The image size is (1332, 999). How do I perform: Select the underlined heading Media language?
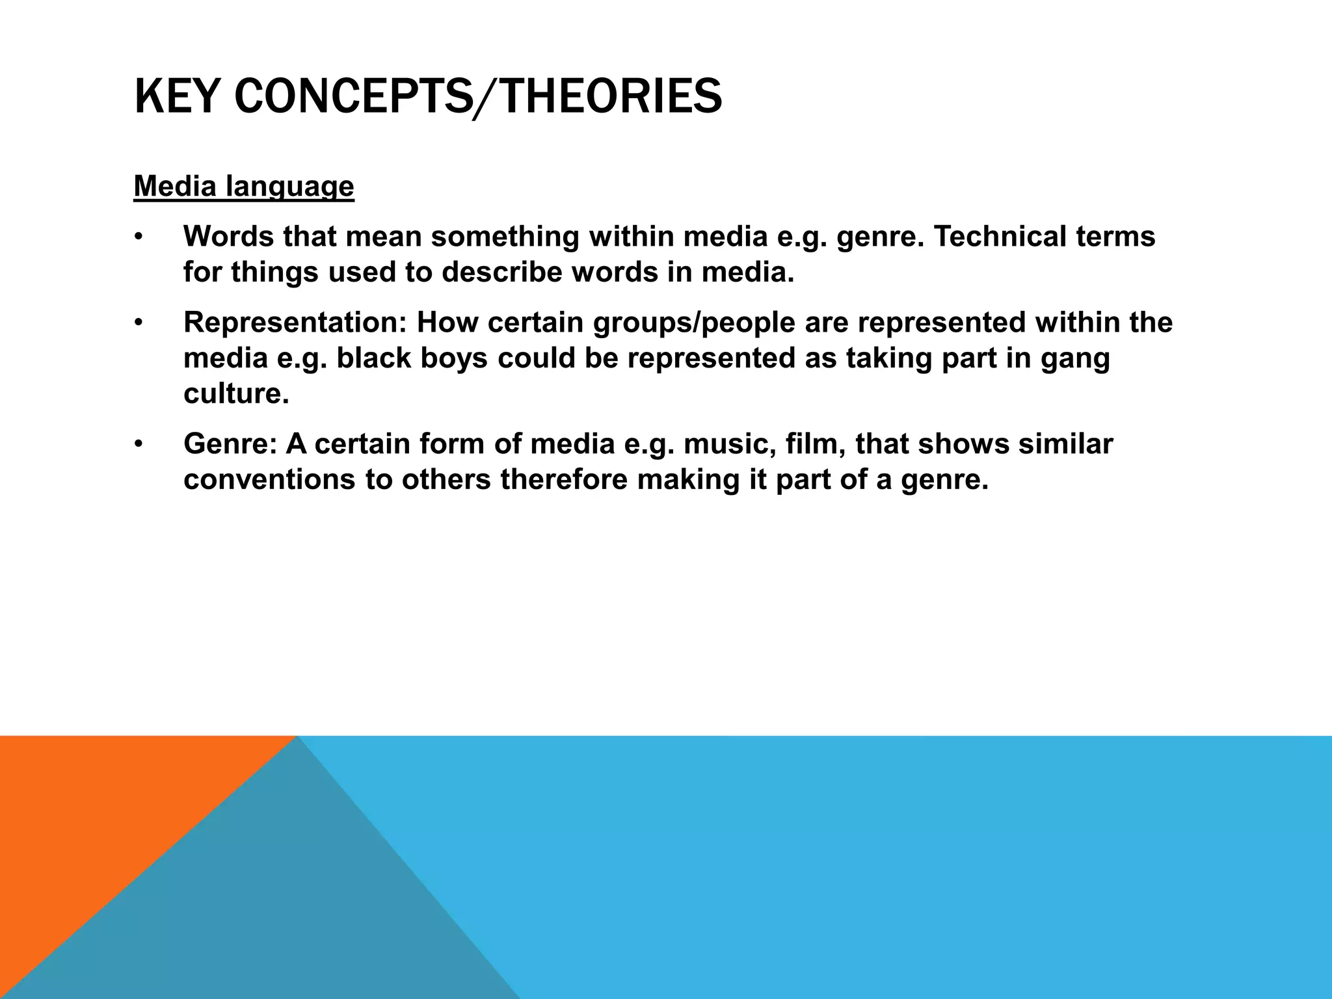[x=244, y=187]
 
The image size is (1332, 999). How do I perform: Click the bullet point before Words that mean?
[x=138, y=237]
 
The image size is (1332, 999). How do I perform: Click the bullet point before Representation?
[x=138, y=323]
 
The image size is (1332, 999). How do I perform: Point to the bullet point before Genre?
[x=138, y=445]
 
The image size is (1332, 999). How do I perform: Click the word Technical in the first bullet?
[x=1000, y=236]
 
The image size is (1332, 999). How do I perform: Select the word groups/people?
[x=694, y=323]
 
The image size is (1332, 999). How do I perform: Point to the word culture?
[x=235, y=394]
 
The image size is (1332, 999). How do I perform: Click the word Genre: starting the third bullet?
[x=230, y=444]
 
